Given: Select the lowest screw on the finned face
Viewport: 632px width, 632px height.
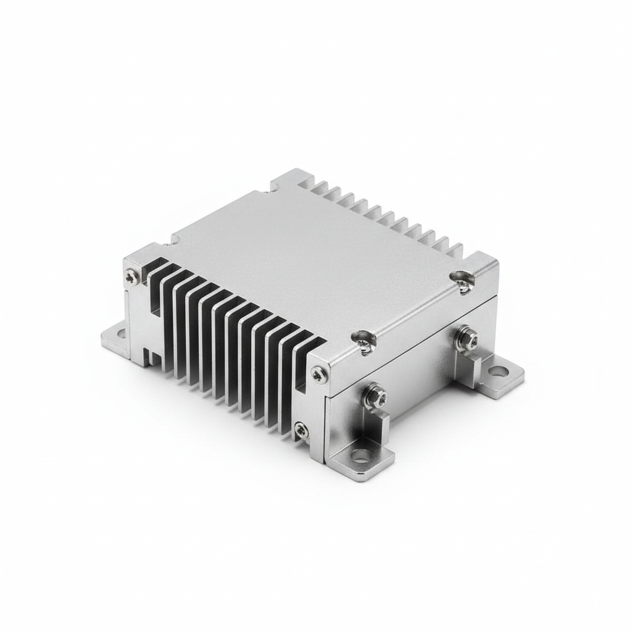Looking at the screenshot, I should coord(301,430).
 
